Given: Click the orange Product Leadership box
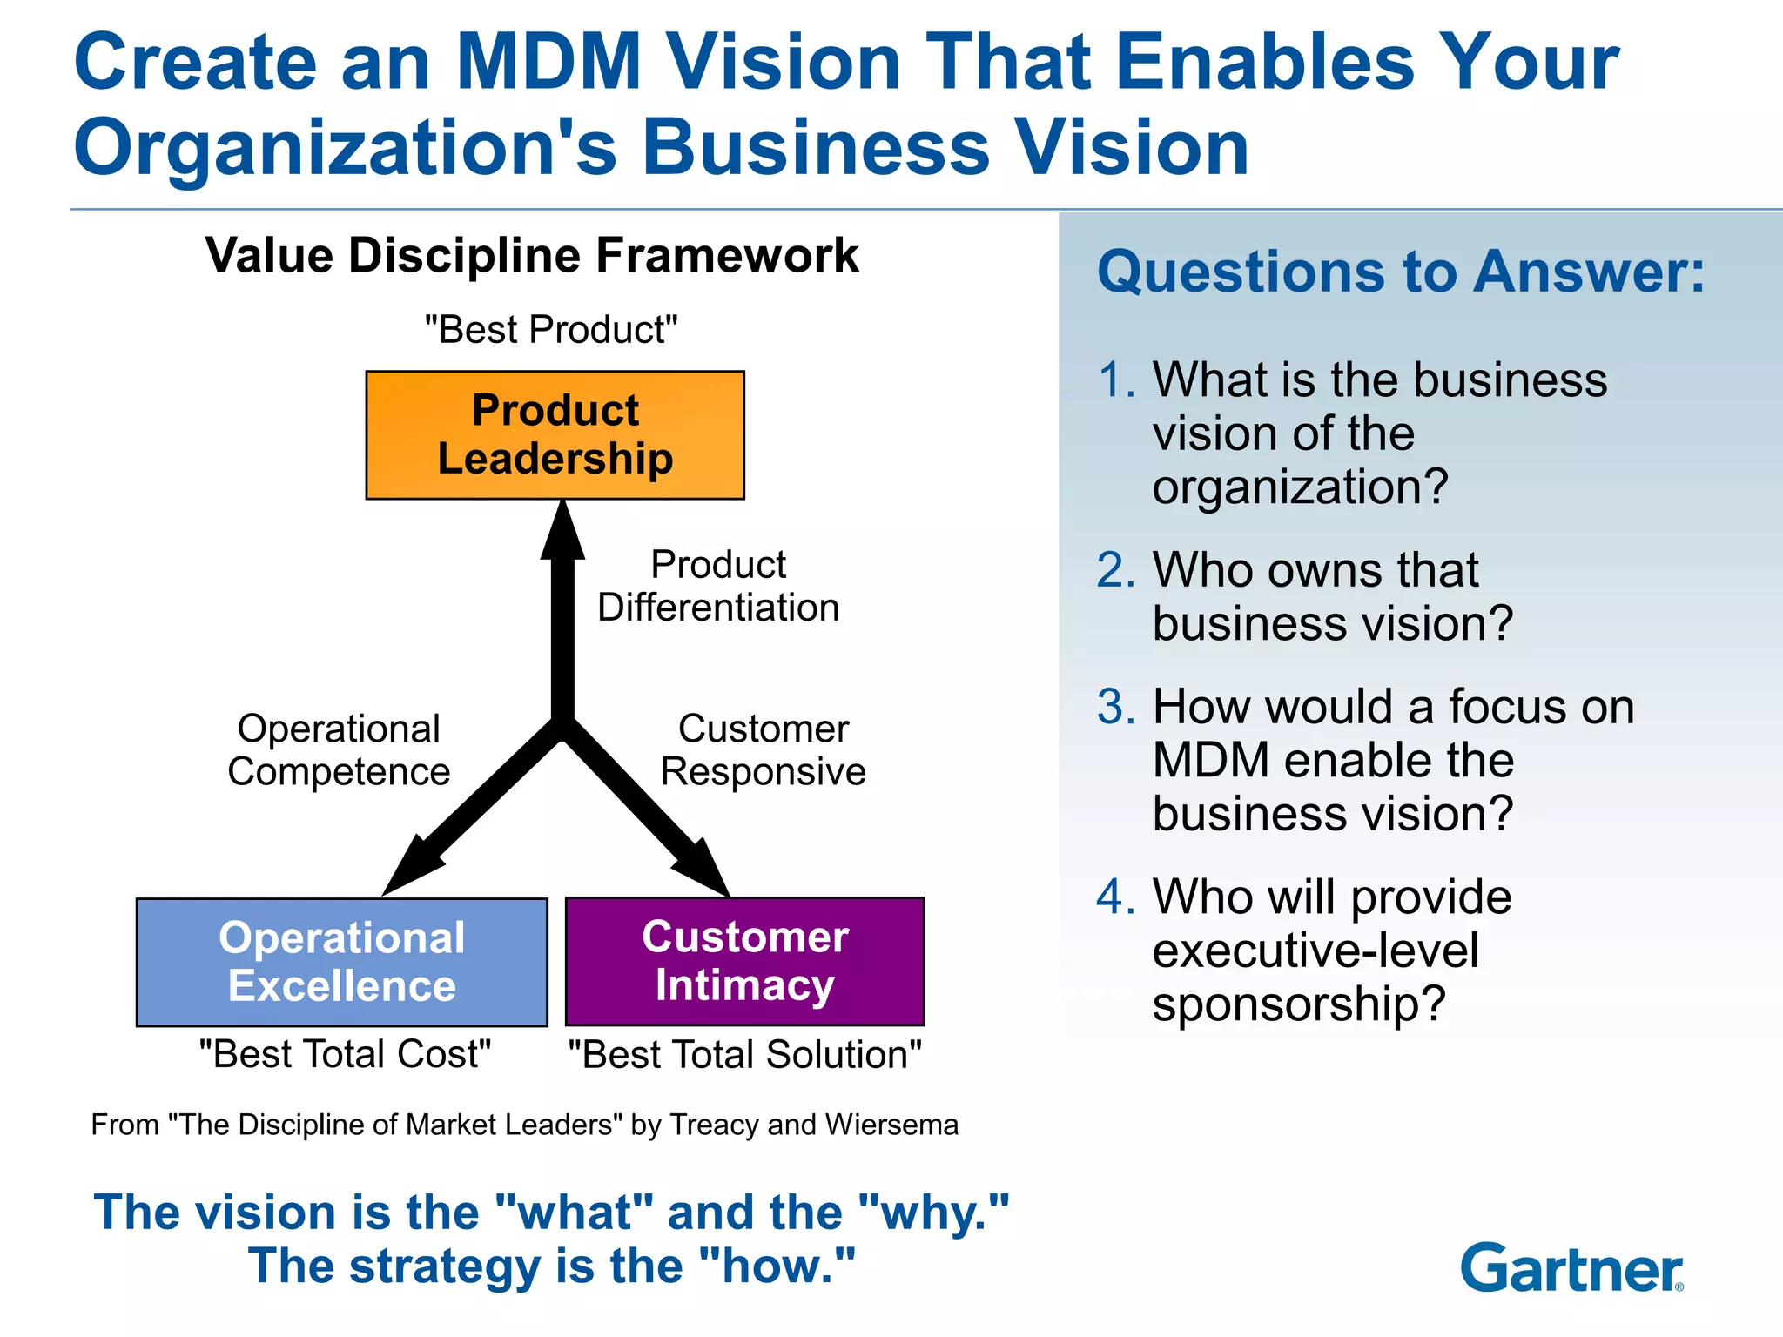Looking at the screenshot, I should click(555, 434).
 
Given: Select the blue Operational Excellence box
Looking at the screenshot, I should click(341, 962).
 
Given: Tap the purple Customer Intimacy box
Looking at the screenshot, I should click(744, 961).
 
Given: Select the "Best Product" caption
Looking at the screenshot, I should click(551, 330).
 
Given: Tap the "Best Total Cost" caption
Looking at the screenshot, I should click(345, 1054).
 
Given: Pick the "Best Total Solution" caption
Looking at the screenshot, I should click(744, 1055).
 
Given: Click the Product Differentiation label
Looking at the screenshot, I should click(718, 586).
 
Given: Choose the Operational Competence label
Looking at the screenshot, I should click(339, 750).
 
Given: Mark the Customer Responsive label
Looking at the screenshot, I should click(764, 750).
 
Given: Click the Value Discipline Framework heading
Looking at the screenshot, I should click(532, 256).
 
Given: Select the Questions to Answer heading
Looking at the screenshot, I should click(1400, 272).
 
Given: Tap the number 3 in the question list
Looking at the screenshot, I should click(1115, 707).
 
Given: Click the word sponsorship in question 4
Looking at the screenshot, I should click(1297, 1004).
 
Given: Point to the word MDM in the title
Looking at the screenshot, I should click(549, 62).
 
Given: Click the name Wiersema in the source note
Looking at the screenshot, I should click(891, 1125).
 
